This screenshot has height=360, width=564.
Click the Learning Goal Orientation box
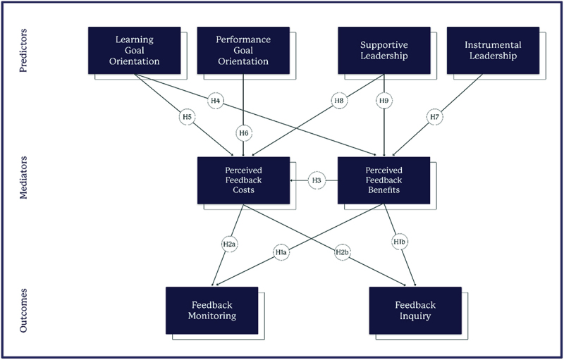[x=134, y=50]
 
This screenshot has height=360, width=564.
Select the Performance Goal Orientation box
[x=243, y=50]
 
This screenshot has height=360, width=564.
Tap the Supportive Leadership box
[x=384, y=50]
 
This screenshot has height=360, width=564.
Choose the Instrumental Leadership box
[x=493, y=50]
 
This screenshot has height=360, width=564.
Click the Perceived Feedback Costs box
[x=243, y=180]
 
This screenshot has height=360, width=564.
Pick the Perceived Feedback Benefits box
[x=384, y=180]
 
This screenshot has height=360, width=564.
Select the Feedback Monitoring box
[x=212, y=311]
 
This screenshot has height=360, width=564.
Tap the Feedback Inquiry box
[x=415, y=311]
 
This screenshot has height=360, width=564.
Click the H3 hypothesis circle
[x=317, y=181]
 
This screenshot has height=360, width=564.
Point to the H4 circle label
[x=216, y=101]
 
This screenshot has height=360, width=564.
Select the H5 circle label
[x=187, y=116]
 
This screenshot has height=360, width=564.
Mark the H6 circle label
[x=243, y=133]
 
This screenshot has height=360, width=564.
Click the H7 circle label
[x=434, y=117]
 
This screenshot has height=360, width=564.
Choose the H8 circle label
[x=339, y=101]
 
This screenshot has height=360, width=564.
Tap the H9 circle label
[x=384, y=101]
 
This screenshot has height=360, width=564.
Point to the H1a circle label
[x=281, y=252]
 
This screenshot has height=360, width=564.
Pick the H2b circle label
[x=342, y=252]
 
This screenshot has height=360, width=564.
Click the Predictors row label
[x=23, y=50]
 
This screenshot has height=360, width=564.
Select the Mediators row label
[x=23, y=178]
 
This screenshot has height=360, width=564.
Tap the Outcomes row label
[x=23, y=310]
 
